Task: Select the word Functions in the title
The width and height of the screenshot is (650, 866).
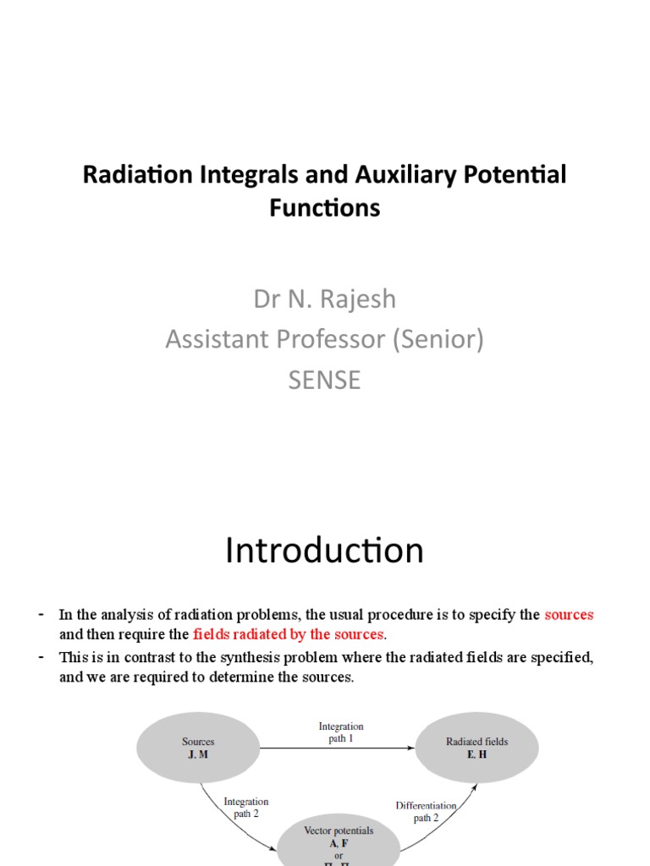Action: tap(325, 207)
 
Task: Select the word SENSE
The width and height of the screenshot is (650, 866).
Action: tap(325, 380)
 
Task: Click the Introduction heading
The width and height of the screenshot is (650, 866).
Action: tap(324, 551)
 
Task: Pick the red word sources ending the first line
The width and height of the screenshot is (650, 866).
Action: tap(569, 615)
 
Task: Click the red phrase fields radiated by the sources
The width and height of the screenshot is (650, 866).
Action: tap(288, 634)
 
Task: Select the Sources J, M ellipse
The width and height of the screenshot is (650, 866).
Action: tap(198, 748)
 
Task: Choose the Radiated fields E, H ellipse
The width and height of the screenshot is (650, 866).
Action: tap(477, 748)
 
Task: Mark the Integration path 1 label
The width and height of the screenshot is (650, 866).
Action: tap(341, 732)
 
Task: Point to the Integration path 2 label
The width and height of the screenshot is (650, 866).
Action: tap(245, 808)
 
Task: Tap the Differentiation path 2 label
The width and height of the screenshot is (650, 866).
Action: tap(427, 812)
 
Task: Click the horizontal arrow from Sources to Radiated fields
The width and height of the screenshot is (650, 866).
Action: tap(339, 748)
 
